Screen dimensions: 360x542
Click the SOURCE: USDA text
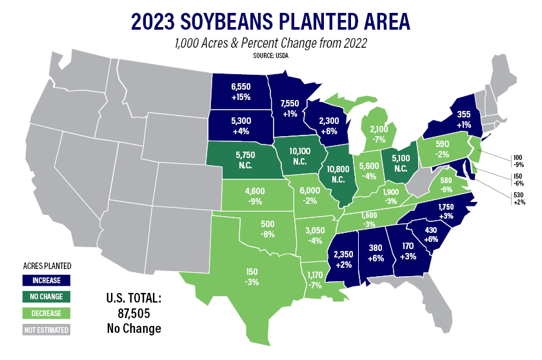[x=271, y=57]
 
